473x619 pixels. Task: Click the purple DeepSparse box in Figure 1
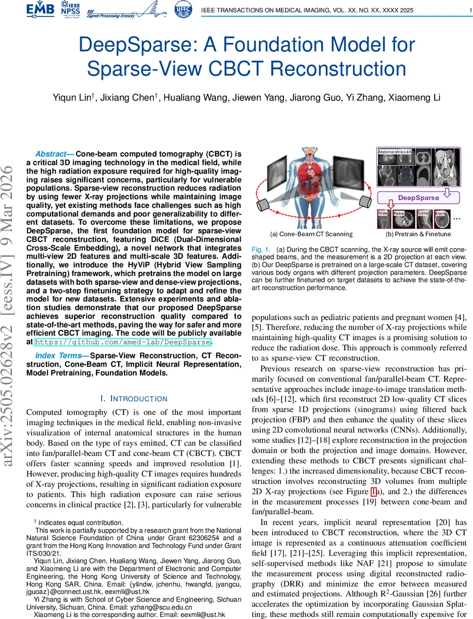(419, 198)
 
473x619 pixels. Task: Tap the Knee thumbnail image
(383, 219)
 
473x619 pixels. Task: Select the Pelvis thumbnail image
(403, 219)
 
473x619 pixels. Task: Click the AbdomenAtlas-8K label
(395, 153)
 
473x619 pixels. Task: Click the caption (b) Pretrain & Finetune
(418, 234)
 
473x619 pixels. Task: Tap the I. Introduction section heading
(134, 399)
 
